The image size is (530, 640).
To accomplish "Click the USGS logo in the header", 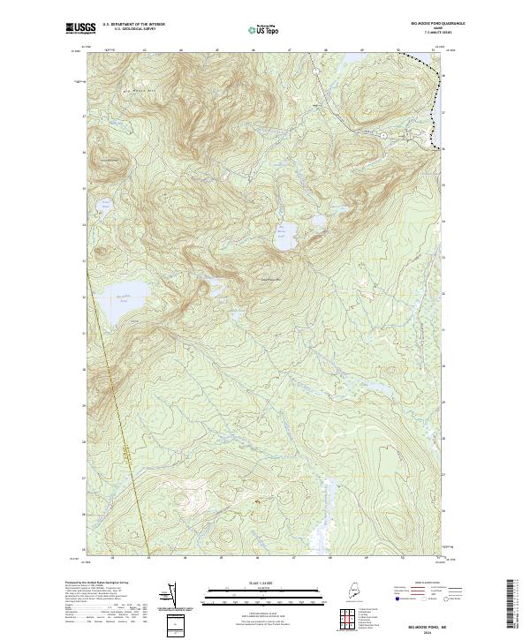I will click(x=79, y=28).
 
